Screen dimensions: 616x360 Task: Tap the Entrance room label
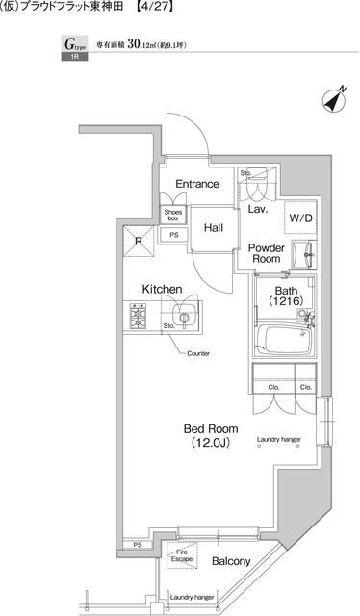pyautogui.click(x=195, y=184)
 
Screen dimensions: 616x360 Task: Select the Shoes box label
pyautogui.click(x=172, y=216)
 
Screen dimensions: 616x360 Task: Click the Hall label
pyautogui.click(x=214, y=228)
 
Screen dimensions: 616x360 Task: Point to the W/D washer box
pyautogui.click(x=298, y=218)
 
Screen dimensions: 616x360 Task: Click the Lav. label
pyautogui.click(x=257, y=208)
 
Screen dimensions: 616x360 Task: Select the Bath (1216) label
pyautogui.click(x=286, y=297)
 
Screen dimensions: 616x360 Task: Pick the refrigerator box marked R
pyautogui.click(x=140, y=241)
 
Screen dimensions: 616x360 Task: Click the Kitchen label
pyautogui.click(x=162, y=288)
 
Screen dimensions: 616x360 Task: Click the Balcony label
pyautogui.click(x=231, y=561)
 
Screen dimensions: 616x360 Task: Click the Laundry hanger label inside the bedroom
pyautogui.click(x=279, y=441)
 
